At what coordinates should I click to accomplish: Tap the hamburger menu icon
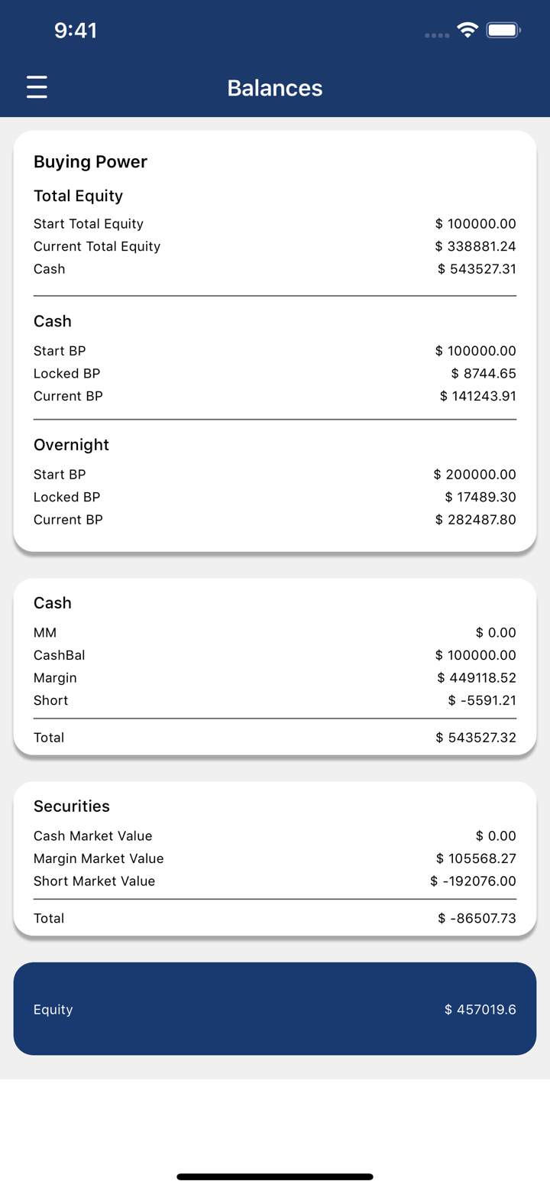point(37,87)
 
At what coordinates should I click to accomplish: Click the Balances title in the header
point(275,88)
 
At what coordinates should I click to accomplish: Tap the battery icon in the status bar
point(503,31)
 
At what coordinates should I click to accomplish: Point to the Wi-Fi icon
point(467,31)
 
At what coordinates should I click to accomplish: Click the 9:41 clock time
point(76,31)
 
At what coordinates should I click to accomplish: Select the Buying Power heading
point(90,162)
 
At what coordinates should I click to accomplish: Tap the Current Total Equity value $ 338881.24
point(475,246)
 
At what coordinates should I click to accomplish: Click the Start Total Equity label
point(89,224)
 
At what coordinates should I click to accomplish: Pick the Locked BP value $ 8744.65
point(484,374)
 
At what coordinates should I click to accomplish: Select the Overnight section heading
point(71,445)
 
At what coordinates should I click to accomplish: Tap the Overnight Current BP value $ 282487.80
point(475,520)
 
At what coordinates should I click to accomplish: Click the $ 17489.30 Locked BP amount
point(480,497)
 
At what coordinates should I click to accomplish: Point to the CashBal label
point(60,655)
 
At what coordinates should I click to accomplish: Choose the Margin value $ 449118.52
point(477,678)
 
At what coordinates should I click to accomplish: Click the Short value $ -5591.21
point(482,700)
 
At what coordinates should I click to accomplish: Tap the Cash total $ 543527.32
point(476,738)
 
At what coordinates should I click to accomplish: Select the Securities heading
point(72,806)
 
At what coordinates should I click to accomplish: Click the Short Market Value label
point(94,881)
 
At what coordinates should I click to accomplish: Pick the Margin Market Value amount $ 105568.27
point(476,858)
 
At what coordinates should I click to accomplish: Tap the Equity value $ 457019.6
point(480,1010)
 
